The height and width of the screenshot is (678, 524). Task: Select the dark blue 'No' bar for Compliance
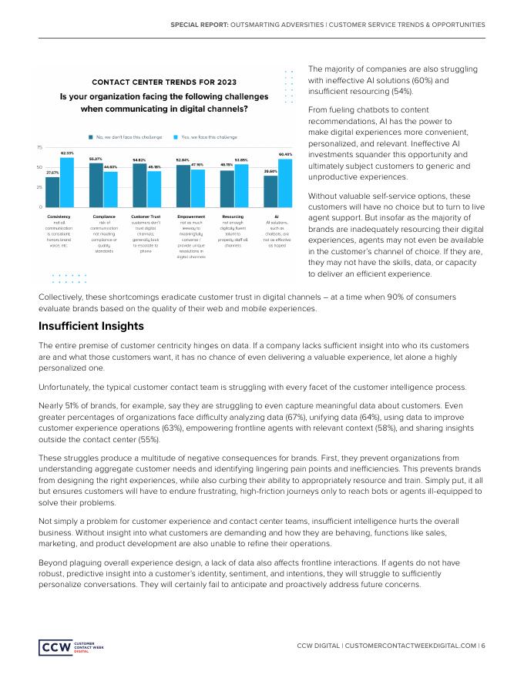pos(96,185)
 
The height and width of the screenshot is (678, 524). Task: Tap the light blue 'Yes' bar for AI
pos(285,183)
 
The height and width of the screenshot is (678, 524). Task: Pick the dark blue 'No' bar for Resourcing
pos(227,189)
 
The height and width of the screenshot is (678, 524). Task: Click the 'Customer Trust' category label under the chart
pos(146,218)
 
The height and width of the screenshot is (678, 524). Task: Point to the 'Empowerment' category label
pos(190,218)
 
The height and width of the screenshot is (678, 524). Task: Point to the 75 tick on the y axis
pos(39,147)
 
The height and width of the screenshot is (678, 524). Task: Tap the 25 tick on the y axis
pos(39,187)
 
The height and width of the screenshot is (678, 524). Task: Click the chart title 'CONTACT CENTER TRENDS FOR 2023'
pos(165,82)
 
